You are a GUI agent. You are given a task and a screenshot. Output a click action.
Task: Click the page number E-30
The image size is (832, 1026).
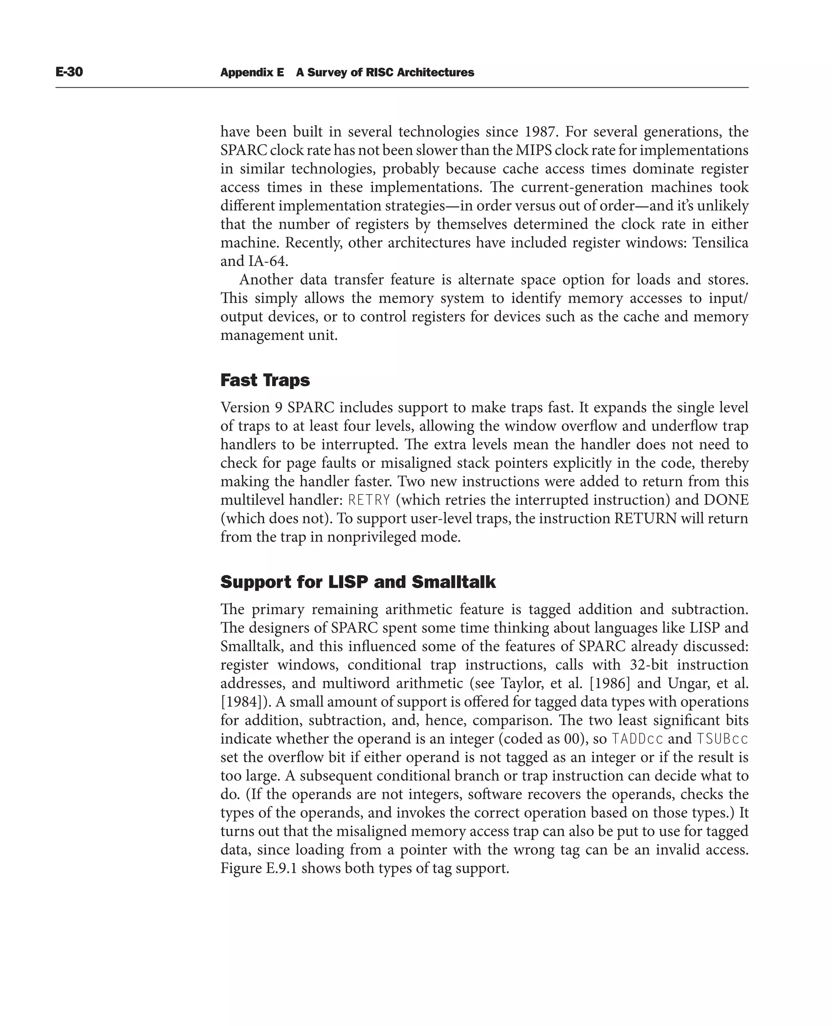click(x=69, y=72)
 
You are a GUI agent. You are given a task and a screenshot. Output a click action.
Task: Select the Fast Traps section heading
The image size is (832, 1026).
click(x=265, y=380)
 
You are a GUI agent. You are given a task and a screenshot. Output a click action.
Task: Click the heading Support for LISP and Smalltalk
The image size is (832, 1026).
click(x=357, y=582)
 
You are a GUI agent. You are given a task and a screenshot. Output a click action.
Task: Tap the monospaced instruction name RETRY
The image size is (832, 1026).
click(x=369, y=500)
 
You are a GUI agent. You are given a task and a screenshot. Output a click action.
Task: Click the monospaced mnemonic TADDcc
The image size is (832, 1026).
click(x=637, y=739)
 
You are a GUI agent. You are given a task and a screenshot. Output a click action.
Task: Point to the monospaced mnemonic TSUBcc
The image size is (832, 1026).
click(x=722, y=739)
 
